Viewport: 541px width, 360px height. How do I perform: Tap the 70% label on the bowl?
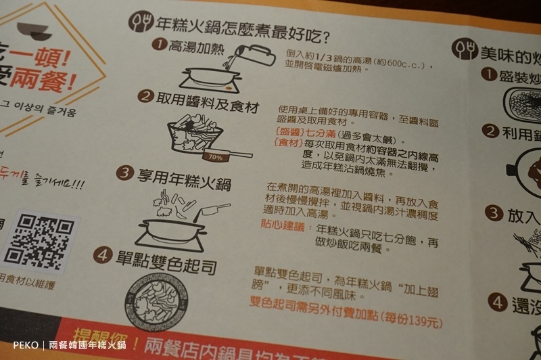(217, 158)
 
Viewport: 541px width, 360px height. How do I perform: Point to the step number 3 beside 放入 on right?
(495, 213)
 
